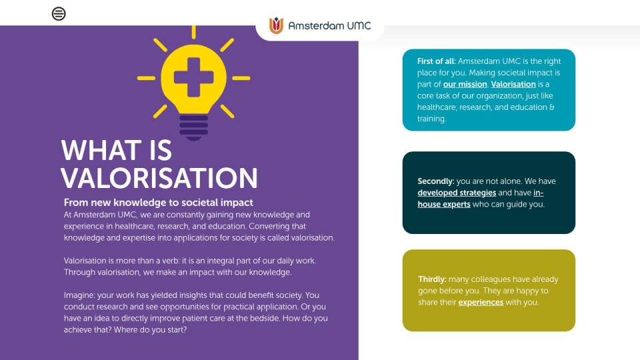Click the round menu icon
point(59,14)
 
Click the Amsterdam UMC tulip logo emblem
point(276,25)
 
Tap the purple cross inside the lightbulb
point(193,77)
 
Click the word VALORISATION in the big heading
point(159,178)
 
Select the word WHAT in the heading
point(101,150)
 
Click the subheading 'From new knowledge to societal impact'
point(159,203)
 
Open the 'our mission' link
point(465,84)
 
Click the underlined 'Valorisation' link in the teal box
point(513,84)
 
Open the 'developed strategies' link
point(457,193)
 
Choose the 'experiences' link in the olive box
point(481,303)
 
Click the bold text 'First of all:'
point(436,61)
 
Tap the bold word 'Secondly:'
point(436,181)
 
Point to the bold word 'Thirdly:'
point(432,279)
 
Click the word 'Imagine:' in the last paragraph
point(79,295)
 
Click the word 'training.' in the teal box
point(431,119)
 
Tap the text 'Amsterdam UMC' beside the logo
point(329,26)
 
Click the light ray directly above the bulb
point(193,32)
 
